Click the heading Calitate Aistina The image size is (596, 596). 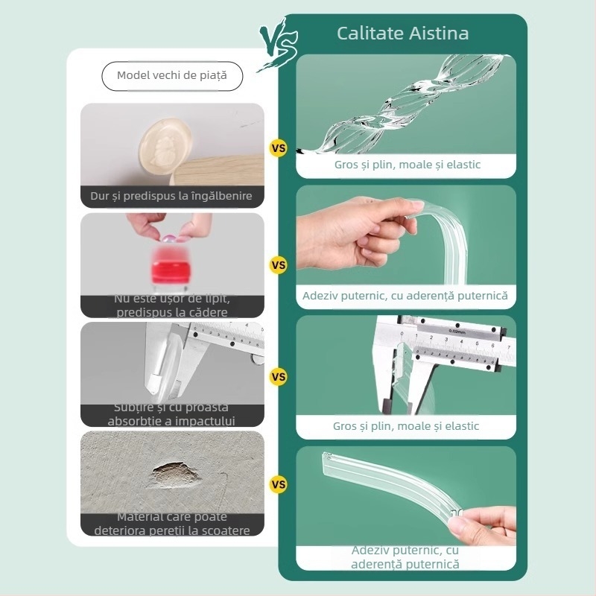[402, 34]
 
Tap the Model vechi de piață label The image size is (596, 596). [172, 76]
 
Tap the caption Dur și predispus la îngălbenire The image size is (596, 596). [172, 197]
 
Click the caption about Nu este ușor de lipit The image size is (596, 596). [172, 305]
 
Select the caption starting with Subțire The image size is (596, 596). [172, 414]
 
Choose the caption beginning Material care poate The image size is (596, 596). [172, 523]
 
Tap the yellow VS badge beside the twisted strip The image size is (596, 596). [279, 148]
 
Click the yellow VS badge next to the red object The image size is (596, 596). [279, 264]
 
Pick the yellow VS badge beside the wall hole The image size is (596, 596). [279, 484]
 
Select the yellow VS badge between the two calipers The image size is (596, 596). [279, 377]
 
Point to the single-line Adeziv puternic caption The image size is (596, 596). [405, 296]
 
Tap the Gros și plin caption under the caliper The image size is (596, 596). [405, 426]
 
